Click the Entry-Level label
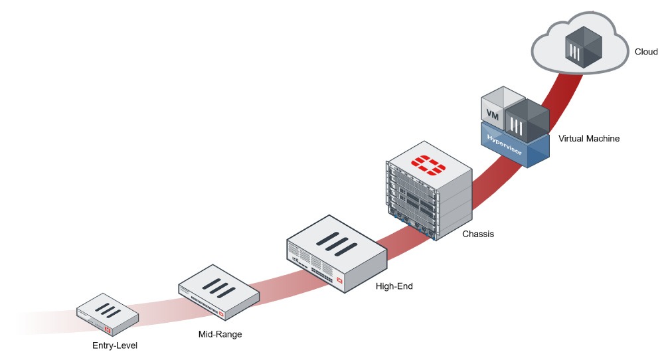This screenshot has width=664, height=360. pos(115,345)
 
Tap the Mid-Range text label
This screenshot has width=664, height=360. pos(220,334)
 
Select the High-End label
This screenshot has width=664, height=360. pos(394,286)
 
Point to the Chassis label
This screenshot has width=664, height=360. pos(478,234)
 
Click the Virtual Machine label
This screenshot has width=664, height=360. pos(589,139)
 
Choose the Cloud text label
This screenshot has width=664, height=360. pos(646,52)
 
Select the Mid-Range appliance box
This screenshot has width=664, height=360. pos(218,292)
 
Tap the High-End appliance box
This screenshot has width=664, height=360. pos(337,253)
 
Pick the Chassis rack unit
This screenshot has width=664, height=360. pos(429,191)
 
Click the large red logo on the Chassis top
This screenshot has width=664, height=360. pos(428,165)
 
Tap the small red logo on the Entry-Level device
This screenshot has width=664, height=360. pos(108,329)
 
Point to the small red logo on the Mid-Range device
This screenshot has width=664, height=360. pos(221,314)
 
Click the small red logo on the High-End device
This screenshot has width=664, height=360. pos(339,280)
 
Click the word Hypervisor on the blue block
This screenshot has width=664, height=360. pos(505,144)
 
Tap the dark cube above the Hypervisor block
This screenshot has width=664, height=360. pos(527,121)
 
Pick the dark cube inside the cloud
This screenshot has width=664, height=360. pos(584,47)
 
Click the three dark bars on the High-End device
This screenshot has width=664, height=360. pos(338,244)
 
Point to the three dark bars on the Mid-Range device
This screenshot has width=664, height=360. pos(218,288)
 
